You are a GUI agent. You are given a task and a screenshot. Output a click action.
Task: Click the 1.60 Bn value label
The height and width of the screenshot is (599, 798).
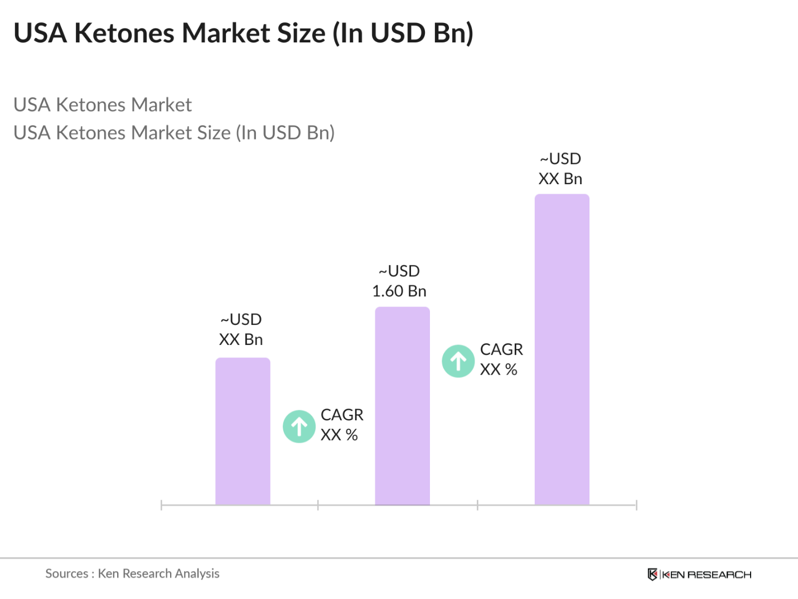pos(399,291)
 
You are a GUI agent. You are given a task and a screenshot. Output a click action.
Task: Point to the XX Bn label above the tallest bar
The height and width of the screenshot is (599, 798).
pos(560,179)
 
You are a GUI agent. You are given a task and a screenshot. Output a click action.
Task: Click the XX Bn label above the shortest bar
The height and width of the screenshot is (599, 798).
pos(241,339)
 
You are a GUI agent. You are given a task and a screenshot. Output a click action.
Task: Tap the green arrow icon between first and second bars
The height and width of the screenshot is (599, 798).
pos(299,427)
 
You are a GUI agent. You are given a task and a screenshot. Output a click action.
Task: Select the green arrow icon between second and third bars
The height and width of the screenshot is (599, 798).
pos(458,361)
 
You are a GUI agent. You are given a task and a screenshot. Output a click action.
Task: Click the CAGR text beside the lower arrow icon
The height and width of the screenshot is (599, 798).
pos(342,415)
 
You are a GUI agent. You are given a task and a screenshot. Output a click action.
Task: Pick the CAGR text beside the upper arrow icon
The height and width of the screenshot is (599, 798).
pos(501,349)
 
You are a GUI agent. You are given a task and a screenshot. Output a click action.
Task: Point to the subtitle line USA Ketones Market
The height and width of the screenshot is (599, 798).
pos(103,104)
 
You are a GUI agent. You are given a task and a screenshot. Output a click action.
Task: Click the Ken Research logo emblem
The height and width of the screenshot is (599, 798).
pos(652,574)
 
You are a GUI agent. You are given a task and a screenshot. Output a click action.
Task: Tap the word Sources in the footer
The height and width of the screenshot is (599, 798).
pos(67,573)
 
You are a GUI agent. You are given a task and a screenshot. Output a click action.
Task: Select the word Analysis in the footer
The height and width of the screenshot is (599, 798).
pos(197,573)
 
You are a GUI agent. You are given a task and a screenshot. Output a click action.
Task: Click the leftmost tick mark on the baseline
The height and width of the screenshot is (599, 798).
pos(161,505)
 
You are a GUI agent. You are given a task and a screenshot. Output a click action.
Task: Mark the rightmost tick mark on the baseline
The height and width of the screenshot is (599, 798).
pos(636,505)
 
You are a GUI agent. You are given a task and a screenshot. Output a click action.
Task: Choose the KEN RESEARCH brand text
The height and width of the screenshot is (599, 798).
pos(707,574)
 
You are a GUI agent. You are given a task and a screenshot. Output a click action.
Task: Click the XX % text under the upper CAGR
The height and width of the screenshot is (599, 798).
pos(499,370)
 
